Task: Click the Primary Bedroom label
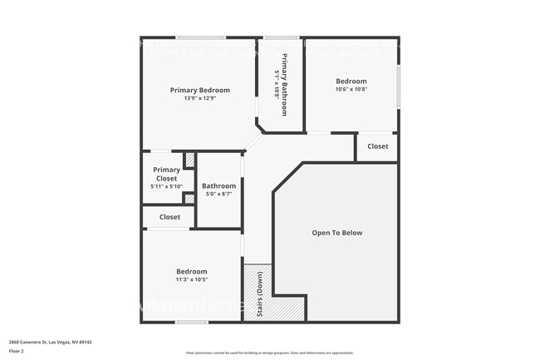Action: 199,90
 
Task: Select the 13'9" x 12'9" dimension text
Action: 199,98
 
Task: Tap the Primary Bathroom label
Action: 284,84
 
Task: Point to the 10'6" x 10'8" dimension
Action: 351,89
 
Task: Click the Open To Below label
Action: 336,233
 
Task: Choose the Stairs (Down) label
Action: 258,294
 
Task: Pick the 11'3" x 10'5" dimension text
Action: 191,279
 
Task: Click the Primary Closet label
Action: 166,174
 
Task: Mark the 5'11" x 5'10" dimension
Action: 166,186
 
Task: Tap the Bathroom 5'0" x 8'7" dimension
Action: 218,194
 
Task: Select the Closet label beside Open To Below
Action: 377,146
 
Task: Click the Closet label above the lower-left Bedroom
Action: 169,217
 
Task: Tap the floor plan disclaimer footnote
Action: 269,353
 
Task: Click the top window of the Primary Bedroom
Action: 199,37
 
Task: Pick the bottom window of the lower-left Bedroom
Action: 191,323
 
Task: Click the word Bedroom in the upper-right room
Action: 351,81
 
